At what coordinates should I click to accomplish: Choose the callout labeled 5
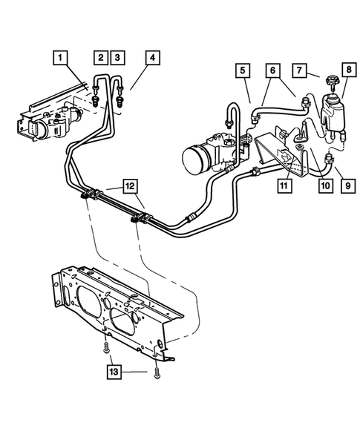tap(242, 71)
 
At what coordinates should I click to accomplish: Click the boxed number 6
tap(273, 71)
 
